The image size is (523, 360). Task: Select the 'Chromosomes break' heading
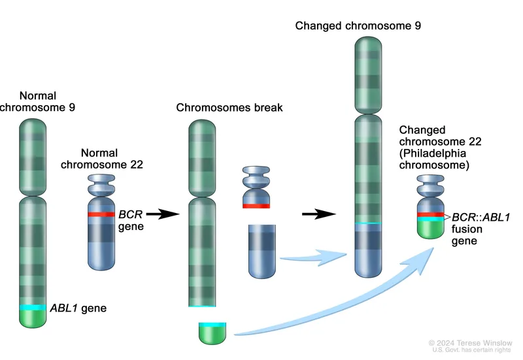[x=229, y=107]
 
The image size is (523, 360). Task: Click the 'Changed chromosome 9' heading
[x=358, y=26]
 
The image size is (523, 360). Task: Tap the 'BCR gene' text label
[x=130, y=220]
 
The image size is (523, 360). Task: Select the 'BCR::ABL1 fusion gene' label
[x=481, y=229]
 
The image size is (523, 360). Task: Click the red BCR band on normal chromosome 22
[x=102, y=214]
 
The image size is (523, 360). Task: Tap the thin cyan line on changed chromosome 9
[x=368, y=223]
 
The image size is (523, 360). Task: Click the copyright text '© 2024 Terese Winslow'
[x=471, y=342]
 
